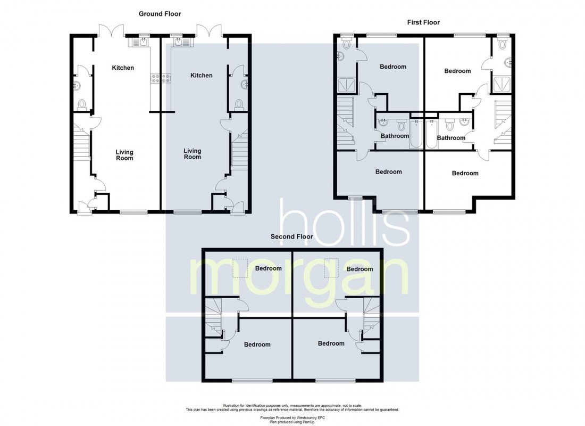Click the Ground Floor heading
[160, 14]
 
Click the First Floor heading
[423, 22]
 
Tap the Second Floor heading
[292, 236]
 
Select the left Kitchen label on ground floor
[123, 68]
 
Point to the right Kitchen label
[202, 76]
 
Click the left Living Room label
[124, 155]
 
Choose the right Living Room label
[192, 154]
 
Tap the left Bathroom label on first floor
[395, 136]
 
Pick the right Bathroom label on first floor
[451, 138]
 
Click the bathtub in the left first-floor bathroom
[416, 134]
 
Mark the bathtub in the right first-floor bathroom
[432, 134]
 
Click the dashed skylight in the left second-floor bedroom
[241, 268]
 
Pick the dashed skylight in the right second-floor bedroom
[331, 268]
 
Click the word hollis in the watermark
[345, 222]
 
